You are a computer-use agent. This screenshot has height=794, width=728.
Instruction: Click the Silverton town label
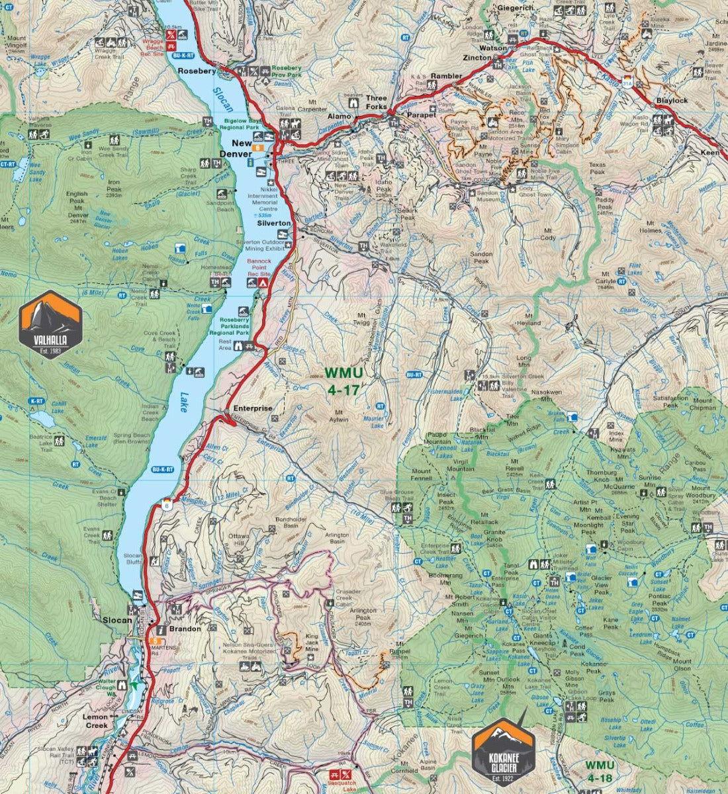[273, 224]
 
